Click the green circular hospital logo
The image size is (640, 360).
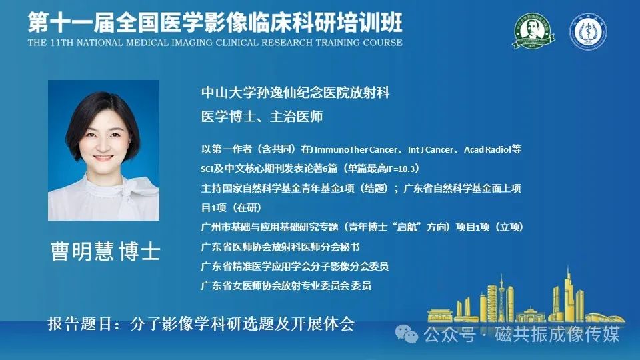pyautogui.click(x=533, y=31)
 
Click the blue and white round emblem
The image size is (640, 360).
pyautogui.click(x=588, y=31)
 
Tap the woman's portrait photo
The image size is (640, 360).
pyautogui.click(x=104, y=150)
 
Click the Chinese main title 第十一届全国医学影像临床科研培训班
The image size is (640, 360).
pyautogui.click(x=215, y=22)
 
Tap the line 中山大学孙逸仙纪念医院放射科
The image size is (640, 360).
pyautogui.click(x=295, y=92)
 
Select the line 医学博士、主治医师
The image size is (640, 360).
pyautogui.click(x=261, y=116)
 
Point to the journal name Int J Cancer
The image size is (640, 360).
pyautogui.click(x=430, y=149)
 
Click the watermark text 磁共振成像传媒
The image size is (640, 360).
pyautogui.click(x=557, y=334)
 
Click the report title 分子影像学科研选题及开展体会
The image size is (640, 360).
pyautogui.click(x=243, y=324)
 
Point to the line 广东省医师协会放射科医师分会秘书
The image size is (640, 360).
pyautogui.click(x=281, y=247)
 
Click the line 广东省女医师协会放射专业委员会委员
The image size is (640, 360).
pyautogui.click(x=286, y=285)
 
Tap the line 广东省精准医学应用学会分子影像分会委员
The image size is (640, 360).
pyautogui.click(x=295, y=266)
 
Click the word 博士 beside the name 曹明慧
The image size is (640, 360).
pyautogui.click(x=139, y=251)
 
